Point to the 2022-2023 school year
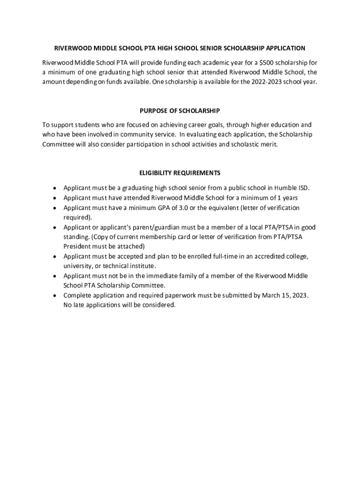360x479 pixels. pyautogui.click(x=271, y=81)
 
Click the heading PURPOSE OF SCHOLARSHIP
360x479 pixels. pyautogui.click(x=180, y=111)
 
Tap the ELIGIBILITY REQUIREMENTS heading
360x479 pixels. pyautogui.click(x=180, y=173)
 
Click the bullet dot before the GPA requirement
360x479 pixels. pyautogui.click(x=55, y=208)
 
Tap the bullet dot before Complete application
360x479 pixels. pyautogui.click(x=55, y=296)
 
